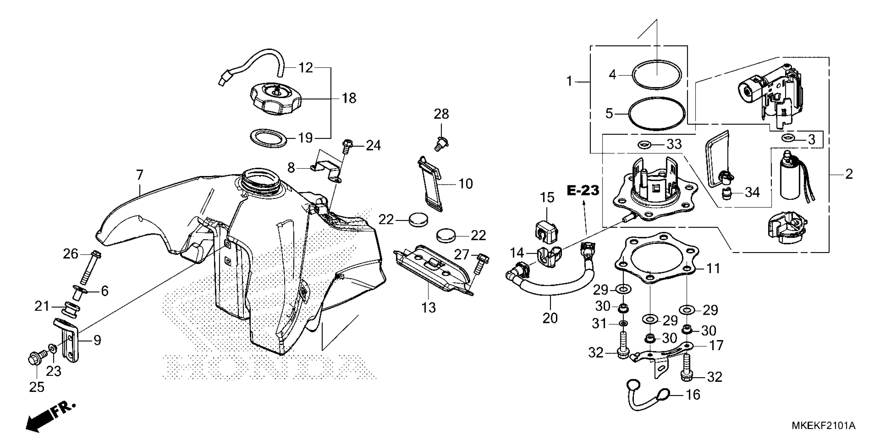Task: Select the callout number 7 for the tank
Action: [x=140, y=175]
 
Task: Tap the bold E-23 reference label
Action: [x=583, y=190]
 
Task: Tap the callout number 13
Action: [x=429, y=308]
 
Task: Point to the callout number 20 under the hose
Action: [x=550, y=318]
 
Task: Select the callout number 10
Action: [x=466, y=184]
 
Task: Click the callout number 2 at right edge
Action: [x=849, y=174]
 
